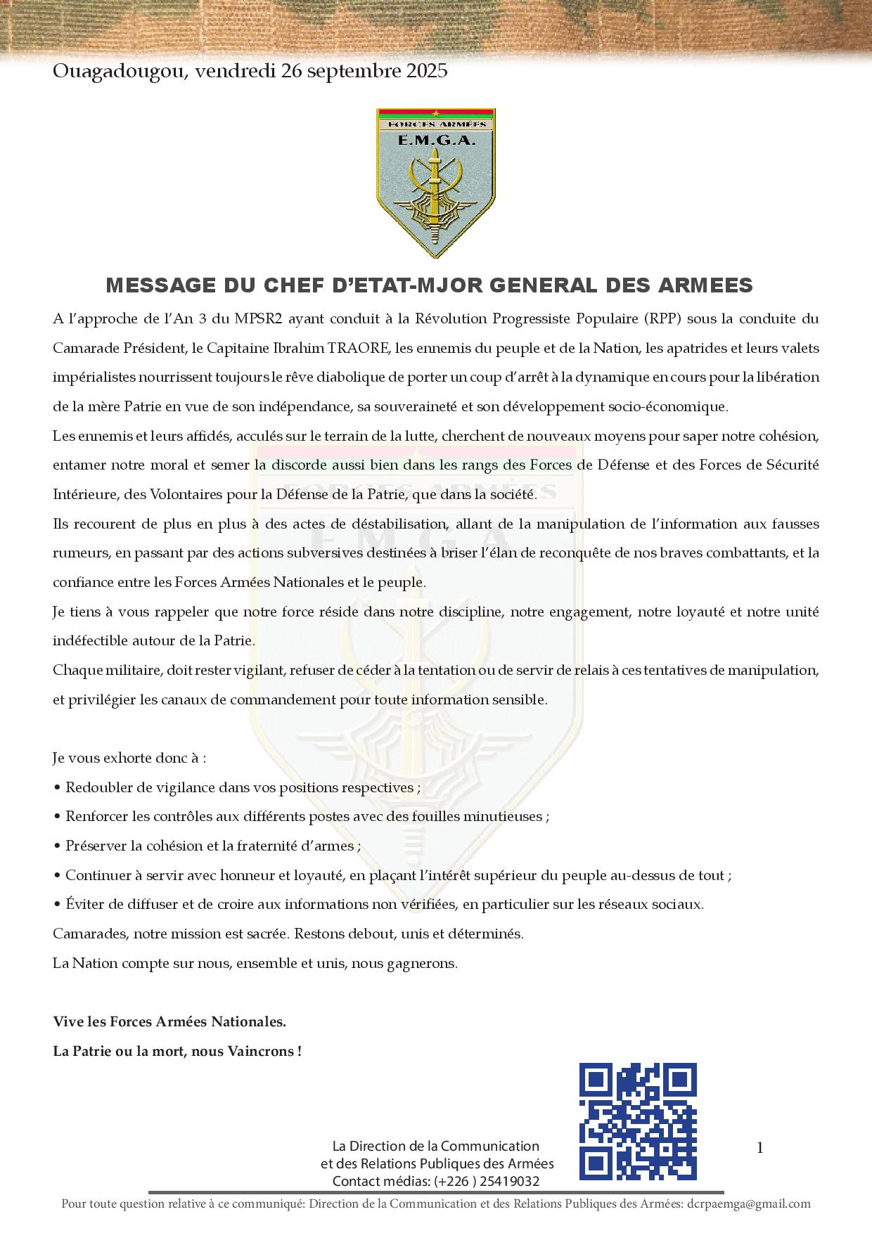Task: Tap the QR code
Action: tap(637, 1121)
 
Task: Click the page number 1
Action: tap(759, 1148)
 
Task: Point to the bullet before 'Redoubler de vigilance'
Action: tap(57, 788)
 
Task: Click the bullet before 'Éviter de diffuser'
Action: tap(57, 905)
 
